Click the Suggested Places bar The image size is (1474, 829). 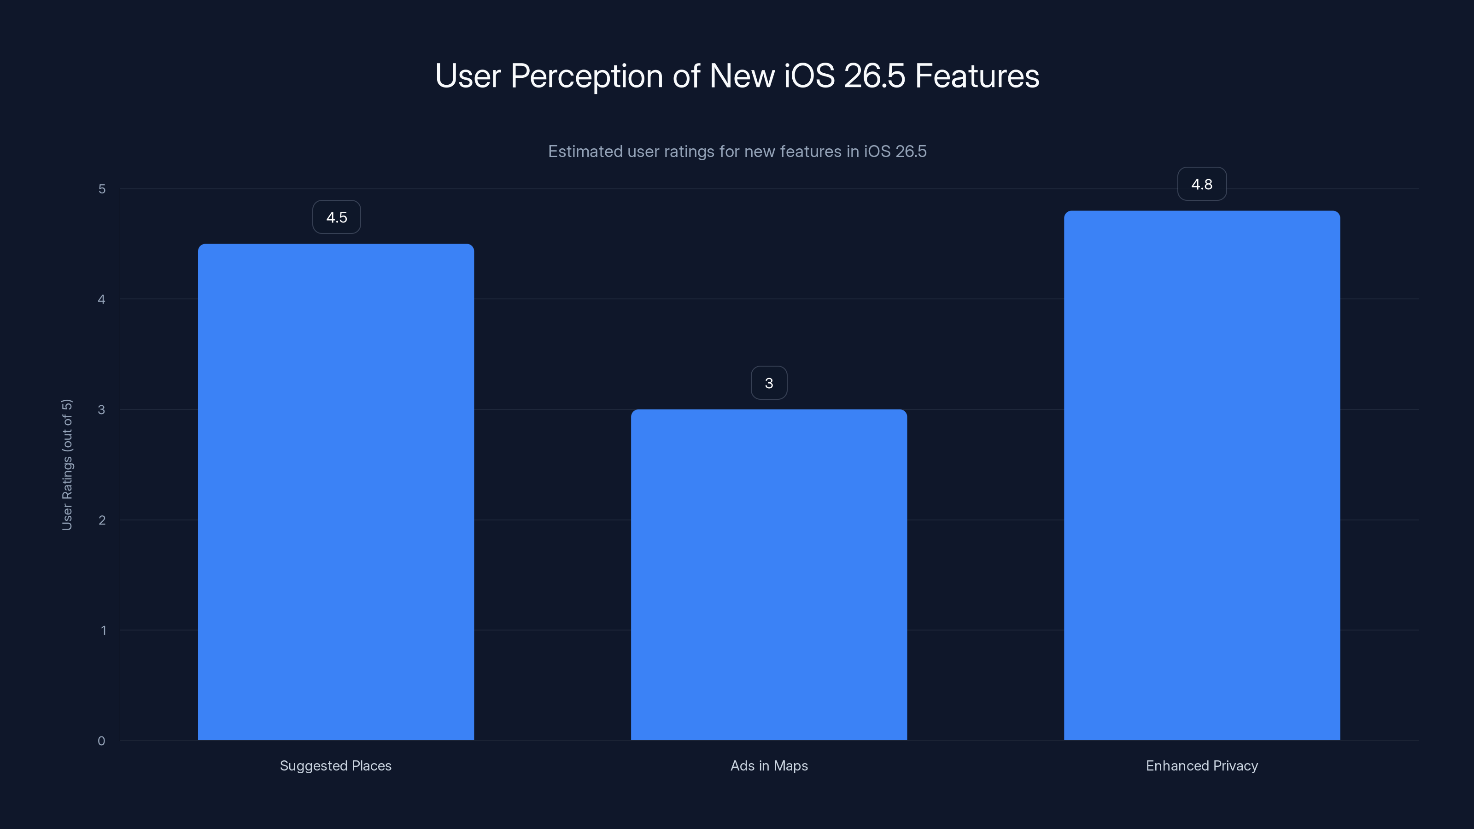click(336, 492)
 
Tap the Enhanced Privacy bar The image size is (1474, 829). click(1202, 475)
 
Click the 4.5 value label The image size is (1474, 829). click(336, 217)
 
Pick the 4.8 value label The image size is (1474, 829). click(1202, 184)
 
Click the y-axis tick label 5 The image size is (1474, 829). click(102, 189)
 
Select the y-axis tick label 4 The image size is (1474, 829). click(102, 300)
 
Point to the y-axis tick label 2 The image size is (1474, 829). click(102, 520)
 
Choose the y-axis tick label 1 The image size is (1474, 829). click(103, 631)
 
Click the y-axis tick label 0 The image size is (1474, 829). click(101, 741)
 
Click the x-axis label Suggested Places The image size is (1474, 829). click(335, 766)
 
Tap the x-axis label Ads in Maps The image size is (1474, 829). click(769, 766)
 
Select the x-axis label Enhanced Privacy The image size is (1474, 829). click(1202, 766)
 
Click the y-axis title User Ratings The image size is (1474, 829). click(67, 465)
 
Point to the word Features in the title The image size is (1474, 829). click(977, 76)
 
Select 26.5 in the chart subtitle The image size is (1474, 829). click(911, 152)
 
